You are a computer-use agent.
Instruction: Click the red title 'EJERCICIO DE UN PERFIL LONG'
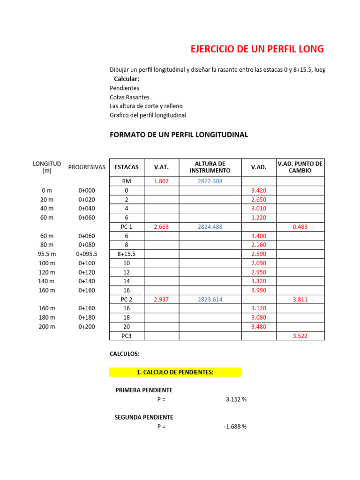(256, 49)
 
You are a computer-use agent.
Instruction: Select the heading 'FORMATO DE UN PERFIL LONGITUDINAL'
(179, 135)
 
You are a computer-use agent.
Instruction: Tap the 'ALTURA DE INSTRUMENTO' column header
(210, 167)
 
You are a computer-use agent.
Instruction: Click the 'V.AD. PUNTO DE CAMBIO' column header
(300, 167)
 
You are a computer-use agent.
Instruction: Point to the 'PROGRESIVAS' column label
(87, 167)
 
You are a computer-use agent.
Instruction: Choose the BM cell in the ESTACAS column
(127, 181)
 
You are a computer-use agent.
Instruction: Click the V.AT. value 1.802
(161, 181)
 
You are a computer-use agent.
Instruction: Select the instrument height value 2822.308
(210, 181)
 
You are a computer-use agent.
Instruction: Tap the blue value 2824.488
(210, 227)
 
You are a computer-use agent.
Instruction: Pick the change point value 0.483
(300, 227)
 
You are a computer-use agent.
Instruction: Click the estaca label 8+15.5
(127, 254)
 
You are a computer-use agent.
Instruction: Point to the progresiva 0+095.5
(87, 254)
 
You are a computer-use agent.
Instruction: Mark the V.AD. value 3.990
(259, 291)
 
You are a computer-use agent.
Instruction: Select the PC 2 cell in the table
(127, 300)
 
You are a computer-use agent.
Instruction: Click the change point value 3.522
(300, 336)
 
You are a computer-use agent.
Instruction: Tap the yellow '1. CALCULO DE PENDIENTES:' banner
(175, 372)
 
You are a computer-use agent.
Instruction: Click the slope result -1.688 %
(235, 427)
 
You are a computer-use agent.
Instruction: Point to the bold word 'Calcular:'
(127, 79)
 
